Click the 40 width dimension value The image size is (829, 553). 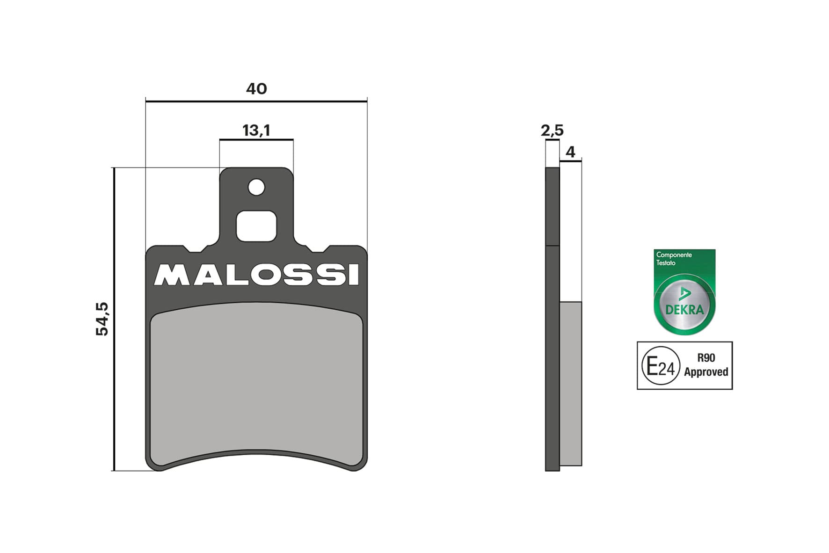[256, 88]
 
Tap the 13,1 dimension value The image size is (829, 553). [256, 130]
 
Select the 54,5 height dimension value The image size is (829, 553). [102, 319]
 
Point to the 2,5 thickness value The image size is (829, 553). [552, 130]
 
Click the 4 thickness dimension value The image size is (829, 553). [570, 152]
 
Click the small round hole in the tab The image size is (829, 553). [256, 188]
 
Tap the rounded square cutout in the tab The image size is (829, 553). [256, 226]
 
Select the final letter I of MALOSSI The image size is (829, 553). [354, 275]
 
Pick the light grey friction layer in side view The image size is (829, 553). [571, 384]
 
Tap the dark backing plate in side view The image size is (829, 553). [553, 327]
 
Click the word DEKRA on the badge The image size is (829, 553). [684, 310]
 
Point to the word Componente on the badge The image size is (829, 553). [674, 255]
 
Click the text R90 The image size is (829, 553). [706, 358]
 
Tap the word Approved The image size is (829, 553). [706, 372]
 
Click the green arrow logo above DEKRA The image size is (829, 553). [684, 294]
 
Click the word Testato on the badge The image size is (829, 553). [666, 263]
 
